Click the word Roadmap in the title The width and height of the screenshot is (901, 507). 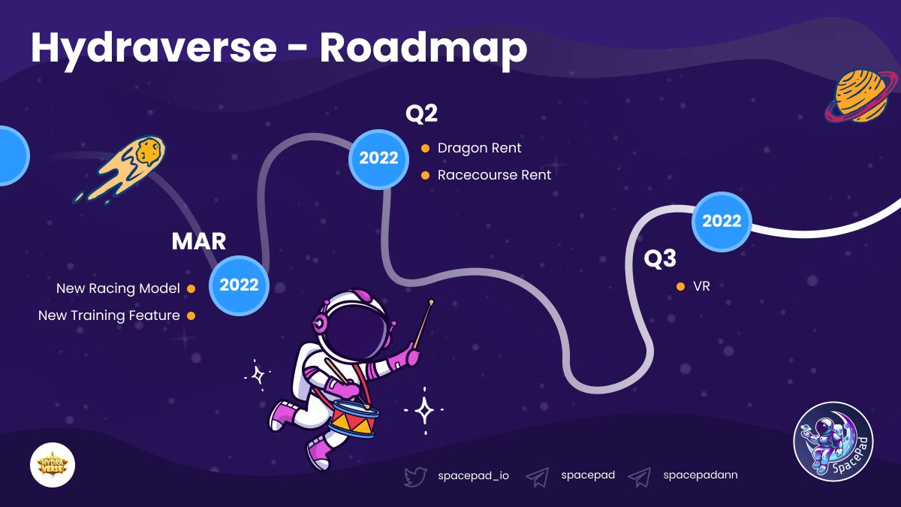click(423, 48)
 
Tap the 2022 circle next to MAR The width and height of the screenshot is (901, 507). click(239, 285)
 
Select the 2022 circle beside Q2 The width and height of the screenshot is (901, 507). click(378, 158)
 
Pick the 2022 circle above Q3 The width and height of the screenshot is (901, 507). click(721, 221)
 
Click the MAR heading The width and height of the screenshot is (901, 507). click(199, 241)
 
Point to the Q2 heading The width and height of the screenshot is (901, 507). click(421, 113)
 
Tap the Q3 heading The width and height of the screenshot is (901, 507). click(660, 258)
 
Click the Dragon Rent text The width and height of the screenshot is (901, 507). click(479, 148)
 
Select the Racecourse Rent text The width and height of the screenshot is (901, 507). click(494, 175)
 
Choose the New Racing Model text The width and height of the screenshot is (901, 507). click(118, 288)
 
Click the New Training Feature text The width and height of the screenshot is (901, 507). click(109, 315)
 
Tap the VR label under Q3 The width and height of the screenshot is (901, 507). click(701, 286)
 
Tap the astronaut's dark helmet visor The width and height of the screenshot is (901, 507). click(359, 327)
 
